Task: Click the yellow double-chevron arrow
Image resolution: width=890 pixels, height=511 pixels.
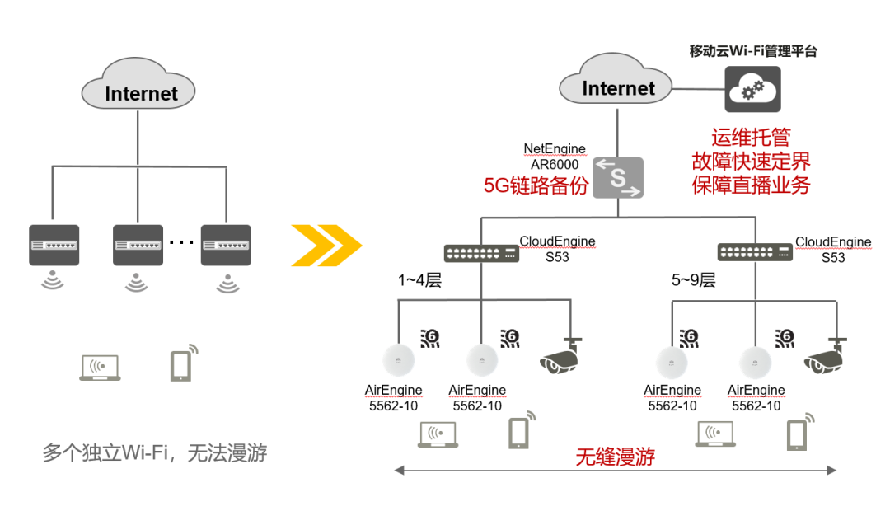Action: [326, 246]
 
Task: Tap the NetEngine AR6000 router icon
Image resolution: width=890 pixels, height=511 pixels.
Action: [618, 178]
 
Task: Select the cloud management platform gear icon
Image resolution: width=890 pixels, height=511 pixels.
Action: [752, 89]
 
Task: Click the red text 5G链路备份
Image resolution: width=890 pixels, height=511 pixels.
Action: [536, 185]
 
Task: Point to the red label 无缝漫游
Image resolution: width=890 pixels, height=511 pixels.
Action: [616, 457]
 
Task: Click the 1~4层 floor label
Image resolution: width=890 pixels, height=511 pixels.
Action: [419, 280]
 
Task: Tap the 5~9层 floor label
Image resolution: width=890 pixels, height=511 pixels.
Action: [693, 280]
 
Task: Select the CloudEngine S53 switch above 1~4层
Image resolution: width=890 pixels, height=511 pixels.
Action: [481, 253]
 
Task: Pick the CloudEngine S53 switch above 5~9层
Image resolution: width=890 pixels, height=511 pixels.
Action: [755, 252]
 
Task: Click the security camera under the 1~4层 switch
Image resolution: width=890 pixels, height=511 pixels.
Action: [560, 356]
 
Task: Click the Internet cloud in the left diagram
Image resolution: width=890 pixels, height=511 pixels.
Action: [138, 84]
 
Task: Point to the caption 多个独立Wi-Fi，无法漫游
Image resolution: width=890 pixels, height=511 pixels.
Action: [154, 452]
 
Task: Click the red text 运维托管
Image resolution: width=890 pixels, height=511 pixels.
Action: [751, 138]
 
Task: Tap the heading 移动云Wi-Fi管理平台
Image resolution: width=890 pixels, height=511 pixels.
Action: [752, 51]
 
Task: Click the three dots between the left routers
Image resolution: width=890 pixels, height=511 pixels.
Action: [181, 242]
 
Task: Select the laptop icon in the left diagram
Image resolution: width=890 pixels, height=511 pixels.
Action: [100, 368]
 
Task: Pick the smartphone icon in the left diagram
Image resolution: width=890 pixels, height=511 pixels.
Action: [184, 363]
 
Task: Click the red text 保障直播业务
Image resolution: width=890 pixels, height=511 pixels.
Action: [751, 185]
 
